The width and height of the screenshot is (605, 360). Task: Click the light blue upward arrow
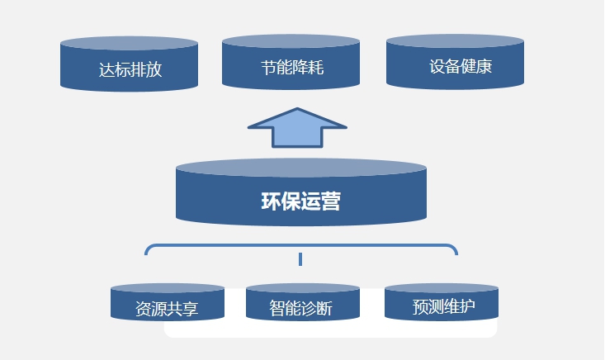point(297,130)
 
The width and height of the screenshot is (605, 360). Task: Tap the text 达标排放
point(130,69)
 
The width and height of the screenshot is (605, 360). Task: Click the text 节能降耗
point(291,67)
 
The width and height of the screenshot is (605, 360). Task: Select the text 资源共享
point(168,310)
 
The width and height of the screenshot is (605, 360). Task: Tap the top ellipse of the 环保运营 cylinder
point(300,168)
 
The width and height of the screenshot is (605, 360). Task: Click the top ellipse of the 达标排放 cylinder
point(129,43)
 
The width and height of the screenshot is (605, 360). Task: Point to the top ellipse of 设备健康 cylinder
point(455,40)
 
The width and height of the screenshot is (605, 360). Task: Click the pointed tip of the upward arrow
point(297,111)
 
